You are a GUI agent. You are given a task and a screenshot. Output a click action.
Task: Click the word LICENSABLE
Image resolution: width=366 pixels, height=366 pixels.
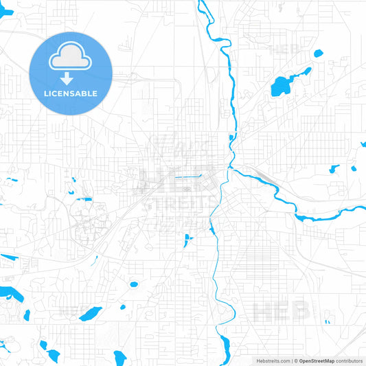(71, 93)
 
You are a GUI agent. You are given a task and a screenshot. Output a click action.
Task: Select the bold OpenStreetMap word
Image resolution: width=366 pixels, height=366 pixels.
(317, 361)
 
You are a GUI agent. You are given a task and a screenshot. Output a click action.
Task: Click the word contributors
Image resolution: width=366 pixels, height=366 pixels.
(349, 361)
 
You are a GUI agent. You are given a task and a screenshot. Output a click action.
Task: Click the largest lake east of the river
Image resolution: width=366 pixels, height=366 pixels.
(282, 86)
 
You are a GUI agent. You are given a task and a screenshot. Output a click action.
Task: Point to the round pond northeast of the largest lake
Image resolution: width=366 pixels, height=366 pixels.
(318, 53)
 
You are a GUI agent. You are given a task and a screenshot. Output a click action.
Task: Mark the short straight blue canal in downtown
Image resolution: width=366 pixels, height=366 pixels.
(187, 177)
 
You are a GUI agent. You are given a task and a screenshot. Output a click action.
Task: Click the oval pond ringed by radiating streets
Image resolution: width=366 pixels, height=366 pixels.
(133, 284)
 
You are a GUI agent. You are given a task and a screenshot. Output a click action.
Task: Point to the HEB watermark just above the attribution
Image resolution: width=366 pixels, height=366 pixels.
(281, 312)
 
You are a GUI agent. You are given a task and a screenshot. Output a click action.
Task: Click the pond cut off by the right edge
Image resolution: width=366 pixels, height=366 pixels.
(363, 145)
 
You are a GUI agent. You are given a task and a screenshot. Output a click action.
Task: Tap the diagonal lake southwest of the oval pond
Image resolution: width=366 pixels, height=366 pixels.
(90, 314)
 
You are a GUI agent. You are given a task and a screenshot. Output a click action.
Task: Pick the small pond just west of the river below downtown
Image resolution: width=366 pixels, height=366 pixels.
(187, 239)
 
